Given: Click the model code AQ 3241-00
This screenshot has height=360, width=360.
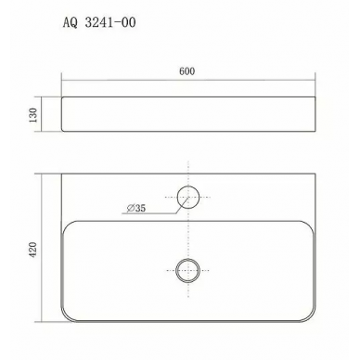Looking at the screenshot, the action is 99,23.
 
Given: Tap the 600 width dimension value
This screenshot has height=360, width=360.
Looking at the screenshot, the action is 187,71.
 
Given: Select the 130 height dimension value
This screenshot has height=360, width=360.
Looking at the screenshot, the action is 32,115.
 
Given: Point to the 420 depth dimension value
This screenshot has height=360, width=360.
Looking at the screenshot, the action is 32,250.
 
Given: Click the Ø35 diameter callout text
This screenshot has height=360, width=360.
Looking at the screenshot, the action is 136,208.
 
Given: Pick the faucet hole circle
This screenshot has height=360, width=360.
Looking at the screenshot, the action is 188,186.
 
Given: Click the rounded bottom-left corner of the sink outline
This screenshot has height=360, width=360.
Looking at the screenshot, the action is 66,317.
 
